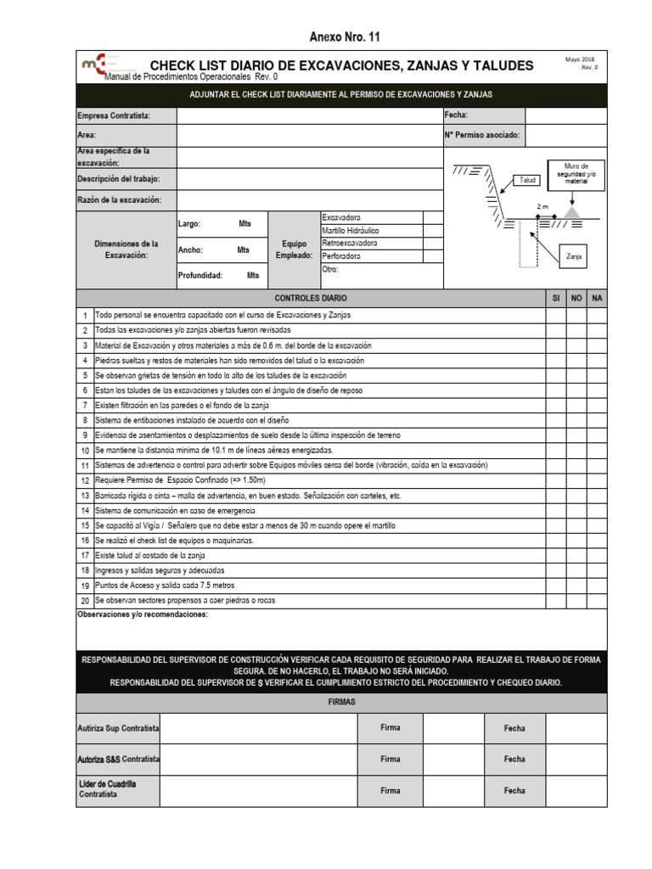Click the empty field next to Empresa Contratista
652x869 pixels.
pos(309,115)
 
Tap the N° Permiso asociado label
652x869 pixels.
pos(481,135)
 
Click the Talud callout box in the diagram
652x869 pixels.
pos(528,180)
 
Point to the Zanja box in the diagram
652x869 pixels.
pos(574,256)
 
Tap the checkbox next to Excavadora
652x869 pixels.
pos(433,217)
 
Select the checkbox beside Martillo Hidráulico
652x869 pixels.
pos(433,230)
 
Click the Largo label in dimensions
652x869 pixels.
pos(188,224)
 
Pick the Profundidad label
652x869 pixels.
pos(200,276)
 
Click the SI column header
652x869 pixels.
pos(555,300)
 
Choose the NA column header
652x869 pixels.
pos(598,300)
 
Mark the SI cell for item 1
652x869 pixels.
pos(555,315)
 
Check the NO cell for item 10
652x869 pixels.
pos(576,451)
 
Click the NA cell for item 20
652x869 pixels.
pos(598,601)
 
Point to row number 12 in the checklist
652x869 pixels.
pos(85,480)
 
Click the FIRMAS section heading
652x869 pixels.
pos(342,704)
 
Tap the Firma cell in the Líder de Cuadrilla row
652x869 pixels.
pos(390,790)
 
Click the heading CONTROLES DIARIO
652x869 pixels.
pos(311,300)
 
